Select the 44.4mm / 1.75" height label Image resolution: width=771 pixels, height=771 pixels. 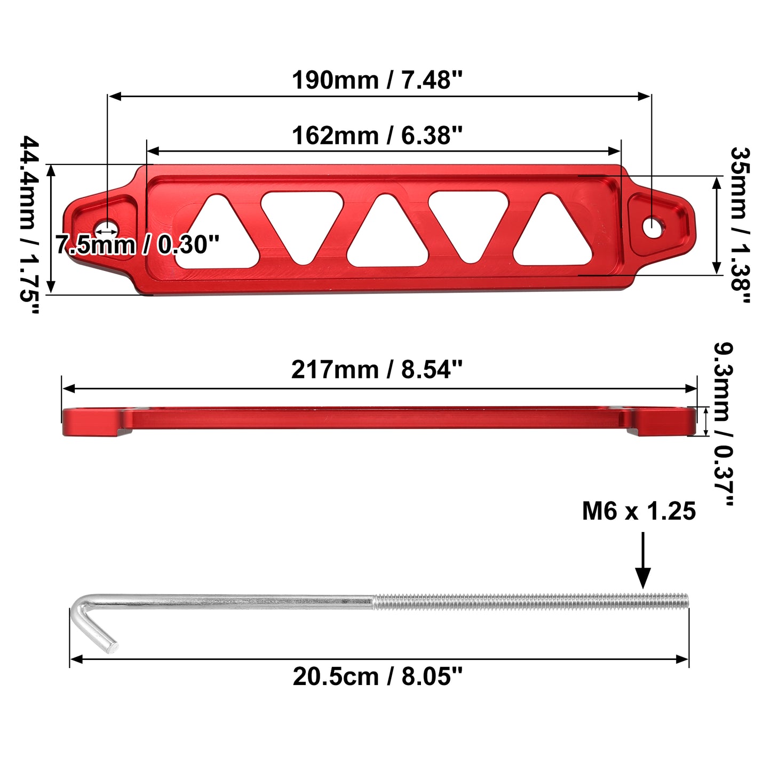(30, 225)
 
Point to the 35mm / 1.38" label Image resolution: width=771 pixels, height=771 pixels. (740, 225)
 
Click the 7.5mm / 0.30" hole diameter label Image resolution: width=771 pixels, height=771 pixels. (137, 244)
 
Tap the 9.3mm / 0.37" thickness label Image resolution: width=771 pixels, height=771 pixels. (724, 424)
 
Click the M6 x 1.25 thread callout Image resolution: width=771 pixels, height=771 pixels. (639, 511)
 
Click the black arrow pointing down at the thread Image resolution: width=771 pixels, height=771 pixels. (643, 560)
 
